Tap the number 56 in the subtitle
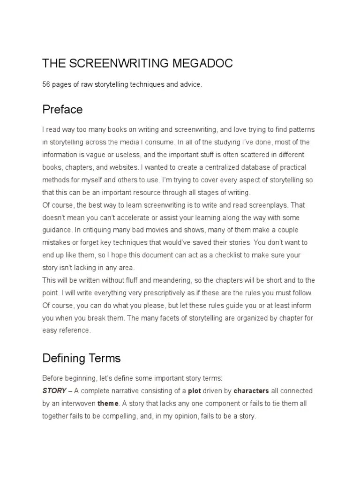click(x=46, y=84)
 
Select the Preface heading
click(x=62, y=110)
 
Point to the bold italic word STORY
click(x=54, y=391)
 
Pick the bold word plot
click(x=195, y=391)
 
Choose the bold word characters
click(x=251, y=391)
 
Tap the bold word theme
click(x=108, y=403)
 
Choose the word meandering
click(x=180, y=280)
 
